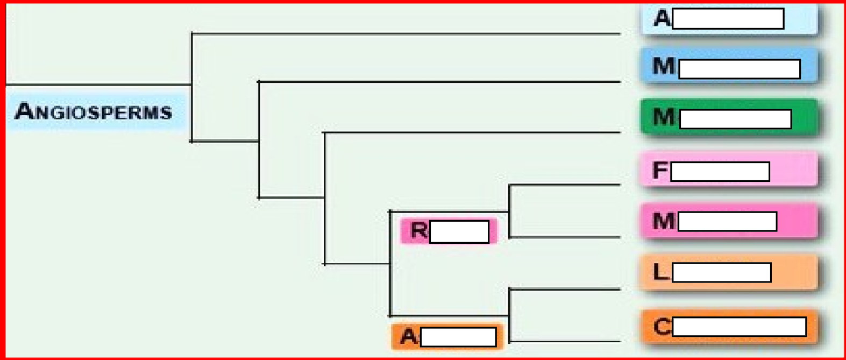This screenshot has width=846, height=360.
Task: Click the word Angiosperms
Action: click(94, 111)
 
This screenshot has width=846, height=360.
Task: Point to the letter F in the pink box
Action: click(660, 171)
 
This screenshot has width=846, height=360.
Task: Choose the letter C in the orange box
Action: click(662, 326)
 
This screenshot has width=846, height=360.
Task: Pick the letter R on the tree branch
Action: click(419, 230)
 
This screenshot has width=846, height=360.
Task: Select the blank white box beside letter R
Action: click(459, 231)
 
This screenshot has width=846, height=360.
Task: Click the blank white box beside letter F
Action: click(720, 172)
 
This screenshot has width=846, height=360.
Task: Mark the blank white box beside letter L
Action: click(721, 272)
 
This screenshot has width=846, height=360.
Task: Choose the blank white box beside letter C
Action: click(739, 327)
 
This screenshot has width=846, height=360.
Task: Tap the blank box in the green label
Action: click(735, 119)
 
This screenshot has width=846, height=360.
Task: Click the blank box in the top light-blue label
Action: click(728, 19)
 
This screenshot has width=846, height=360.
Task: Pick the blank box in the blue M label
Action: click(739, 69)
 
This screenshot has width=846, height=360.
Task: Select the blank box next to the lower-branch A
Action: click(458, 337)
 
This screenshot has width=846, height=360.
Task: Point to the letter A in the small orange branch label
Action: click(408, 336)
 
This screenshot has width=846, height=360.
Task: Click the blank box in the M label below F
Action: click(727, 221)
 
